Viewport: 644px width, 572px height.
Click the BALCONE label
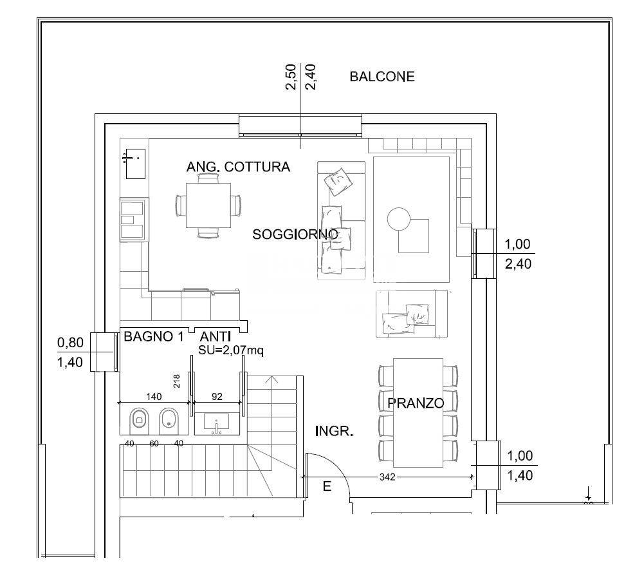click(382, 77)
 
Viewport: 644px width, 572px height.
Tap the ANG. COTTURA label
click(238, 167)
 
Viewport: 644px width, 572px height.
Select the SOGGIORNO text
click(295, 234)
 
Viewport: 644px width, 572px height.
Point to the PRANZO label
click(416, 403)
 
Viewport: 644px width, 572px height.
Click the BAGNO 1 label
click(154, 336)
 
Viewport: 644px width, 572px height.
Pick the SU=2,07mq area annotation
click(231, 350)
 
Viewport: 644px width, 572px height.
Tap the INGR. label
click(334, 432)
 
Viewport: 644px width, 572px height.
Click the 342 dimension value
click(387, 477)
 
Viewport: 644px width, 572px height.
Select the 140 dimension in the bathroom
click(154, 396)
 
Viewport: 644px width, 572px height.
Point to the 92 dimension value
click(217, 396)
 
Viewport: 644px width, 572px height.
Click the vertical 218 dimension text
click(177, 381)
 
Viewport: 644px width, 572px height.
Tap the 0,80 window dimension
click(70, 342)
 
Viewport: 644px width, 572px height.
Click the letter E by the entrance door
click(327, 486)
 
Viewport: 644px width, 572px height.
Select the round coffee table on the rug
click(398, 219)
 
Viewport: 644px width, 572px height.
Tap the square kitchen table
click(208, 205)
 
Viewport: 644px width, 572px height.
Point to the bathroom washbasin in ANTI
click(217, 424)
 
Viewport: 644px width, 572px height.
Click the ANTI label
click(216, 336)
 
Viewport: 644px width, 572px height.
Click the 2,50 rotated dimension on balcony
click(291, 77)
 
